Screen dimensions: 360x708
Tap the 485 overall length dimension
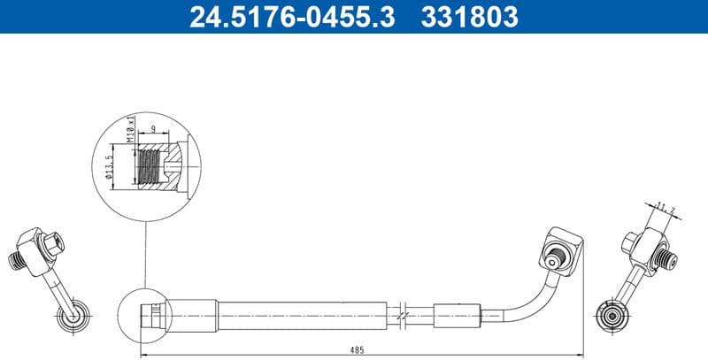358,350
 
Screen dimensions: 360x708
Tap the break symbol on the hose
403,313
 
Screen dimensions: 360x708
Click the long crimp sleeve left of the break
303,313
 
